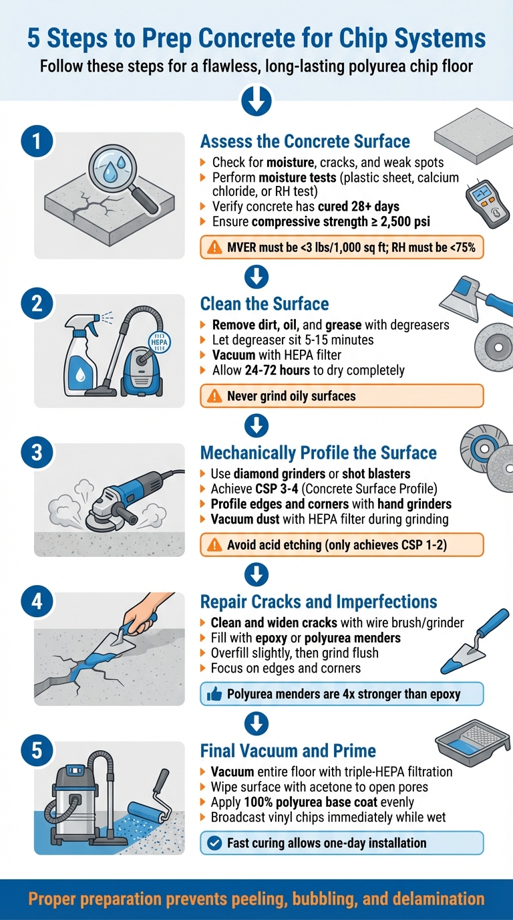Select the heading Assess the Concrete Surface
(305, 142)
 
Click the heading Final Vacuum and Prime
(288, 750)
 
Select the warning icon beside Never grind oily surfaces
(214, 396)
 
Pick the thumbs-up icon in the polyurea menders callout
(214, 694)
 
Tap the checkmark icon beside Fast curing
(214, 843)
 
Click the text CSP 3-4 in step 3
(267, 489)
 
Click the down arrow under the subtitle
(256, 102)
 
